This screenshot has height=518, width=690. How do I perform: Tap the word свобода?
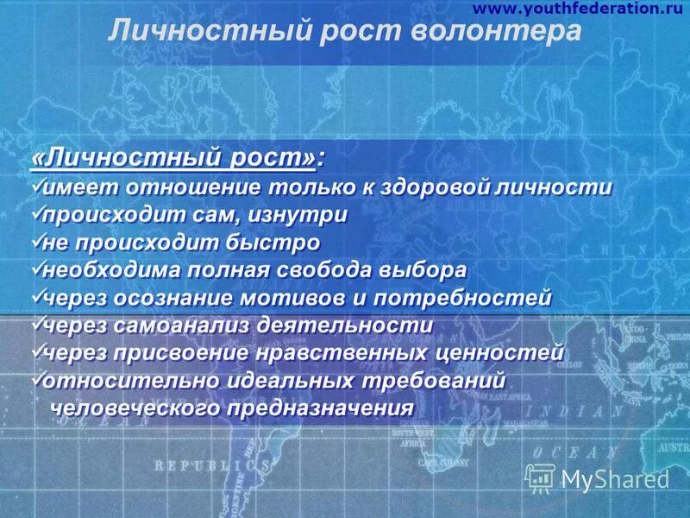click(x=323, y=269)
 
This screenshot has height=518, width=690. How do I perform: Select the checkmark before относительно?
click(x=36, y=379)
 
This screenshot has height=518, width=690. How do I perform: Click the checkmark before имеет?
click(x=36, y=186)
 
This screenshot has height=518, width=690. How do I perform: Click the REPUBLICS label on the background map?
click(x=209, y=464)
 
